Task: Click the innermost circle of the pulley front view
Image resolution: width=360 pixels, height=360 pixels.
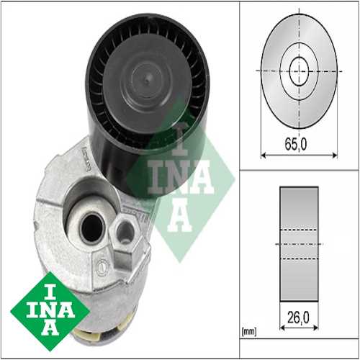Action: [298, 71]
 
